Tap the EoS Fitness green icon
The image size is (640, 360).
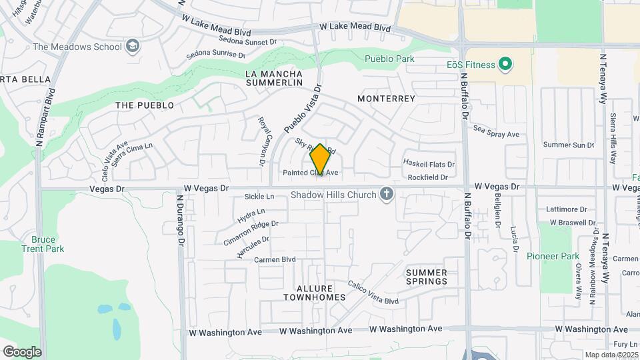click(506, 65)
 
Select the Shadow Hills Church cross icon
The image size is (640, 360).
click(385, 195)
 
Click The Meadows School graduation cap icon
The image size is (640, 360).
click(133, 47)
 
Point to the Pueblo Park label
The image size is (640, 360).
click(389, 59)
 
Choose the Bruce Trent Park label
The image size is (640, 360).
click(47, 244)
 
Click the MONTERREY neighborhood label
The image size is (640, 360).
click(386, 99)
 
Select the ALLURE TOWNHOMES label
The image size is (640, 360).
click(313, 293)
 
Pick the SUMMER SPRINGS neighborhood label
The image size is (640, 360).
click(427, 277)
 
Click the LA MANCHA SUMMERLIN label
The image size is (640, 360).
click(273, 78)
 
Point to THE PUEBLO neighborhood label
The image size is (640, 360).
click(145, 105)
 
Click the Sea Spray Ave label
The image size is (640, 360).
click(496, 134)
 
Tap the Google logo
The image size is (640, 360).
click(22, 352)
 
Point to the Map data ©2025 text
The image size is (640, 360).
click(611, 355)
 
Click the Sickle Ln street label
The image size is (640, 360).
click(259, 197)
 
